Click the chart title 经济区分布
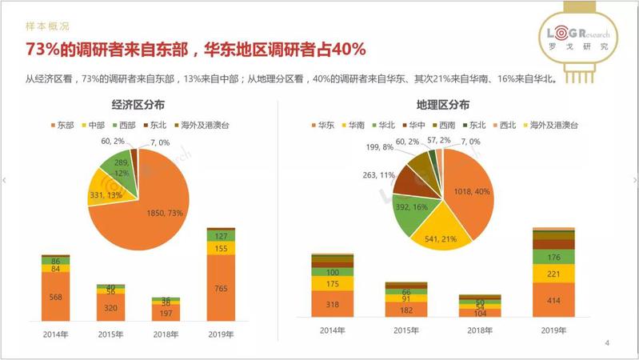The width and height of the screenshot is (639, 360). click(138, 106)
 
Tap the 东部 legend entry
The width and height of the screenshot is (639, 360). click(64, 125)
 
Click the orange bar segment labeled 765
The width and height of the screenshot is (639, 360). click(219, 288)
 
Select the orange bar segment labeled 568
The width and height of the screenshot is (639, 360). click(55, 296)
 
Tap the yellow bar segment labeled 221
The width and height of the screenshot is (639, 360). click(553, 274)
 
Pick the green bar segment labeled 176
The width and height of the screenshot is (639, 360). click(553, 257)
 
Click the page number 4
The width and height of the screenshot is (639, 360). click(607, 343)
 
